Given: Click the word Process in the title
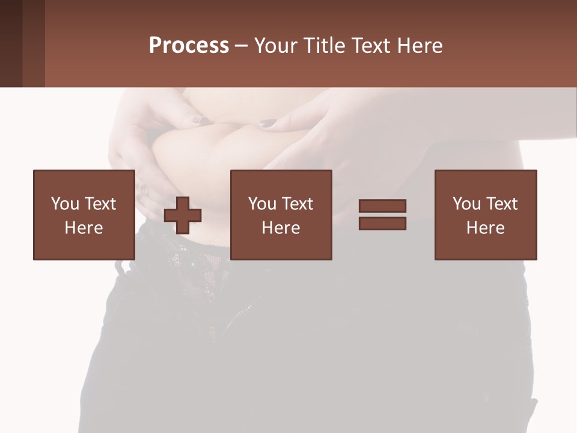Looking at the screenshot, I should point(189,46).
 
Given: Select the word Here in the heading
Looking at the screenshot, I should point(420,46).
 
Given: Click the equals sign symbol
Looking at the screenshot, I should point(382,215).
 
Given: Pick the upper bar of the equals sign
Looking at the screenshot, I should point(382,206).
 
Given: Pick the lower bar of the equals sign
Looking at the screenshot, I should point(382,223).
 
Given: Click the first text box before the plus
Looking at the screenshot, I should point(84,215).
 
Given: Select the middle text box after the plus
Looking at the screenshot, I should point(281,215).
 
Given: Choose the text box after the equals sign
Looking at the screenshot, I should point(485,215).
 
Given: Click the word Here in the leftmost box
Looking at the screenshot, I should point(84,228).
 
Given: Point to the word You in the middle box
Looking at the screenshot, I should point(261,204).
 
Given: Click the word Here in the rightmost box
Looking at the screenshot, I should point(485,228).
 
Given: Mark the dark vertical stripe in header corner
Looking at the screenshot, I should point(11,43).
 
